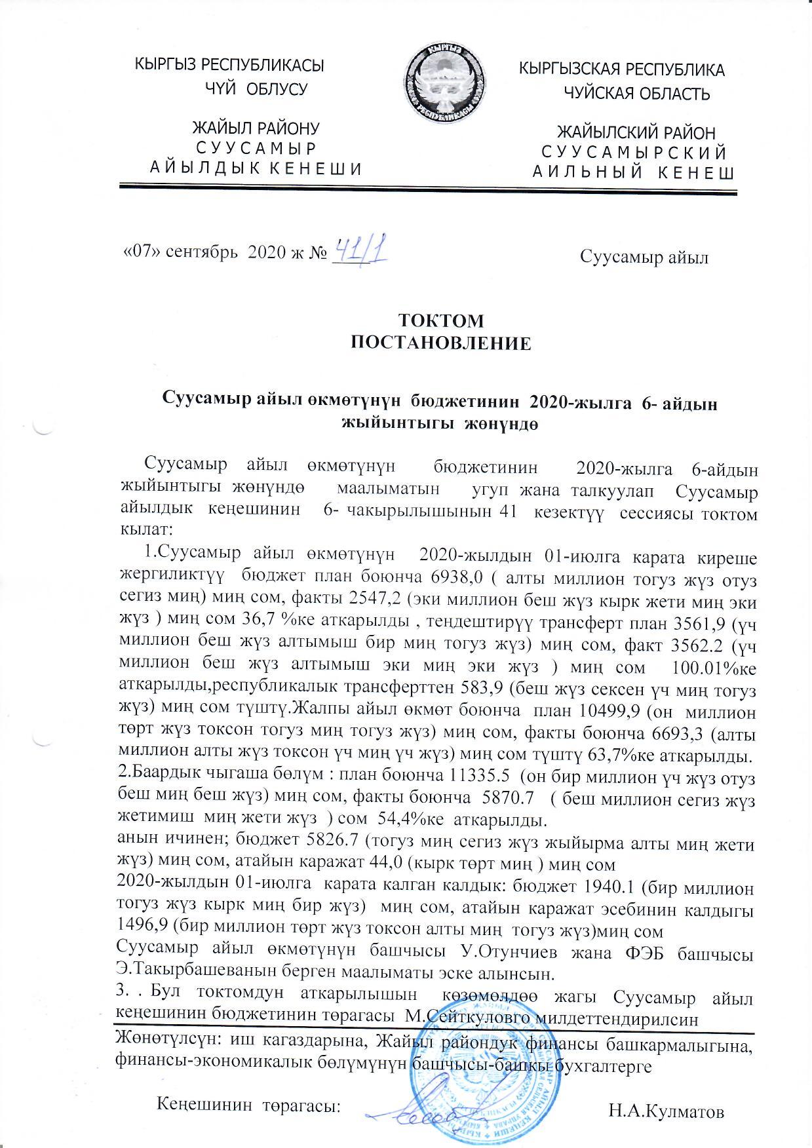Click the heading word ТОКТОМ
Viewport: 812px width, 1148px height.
point(442,321)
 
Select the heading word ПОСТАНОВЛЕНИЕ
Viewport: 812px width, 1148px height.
point(442,343)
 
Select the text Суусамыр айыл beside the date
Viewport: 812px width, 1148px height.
point(645,257)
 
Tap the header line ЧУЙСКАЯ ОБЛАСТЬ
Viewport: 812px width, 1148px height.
point(637,94)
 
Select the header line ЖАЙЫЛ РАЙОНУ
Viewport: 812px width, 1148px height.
point(256,128)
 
